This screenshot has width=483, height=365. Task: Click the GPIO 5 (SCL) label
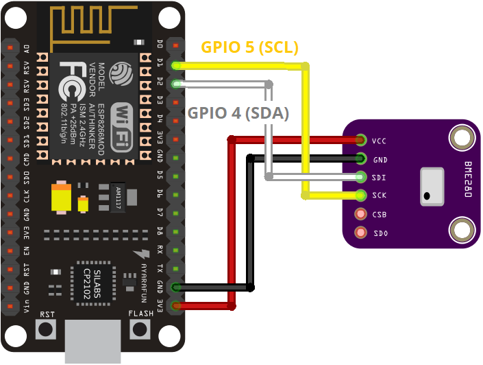click(249, 47)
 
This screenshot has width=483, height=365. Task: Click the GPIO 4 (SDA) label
click(238, 113)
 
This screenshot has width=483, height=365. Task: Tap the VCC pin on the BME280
click(360, 141)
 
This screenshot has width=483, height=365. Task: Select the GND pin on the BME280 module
click(360, 159)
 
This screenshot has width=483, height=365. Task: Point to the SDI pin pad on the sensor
click(360, 178)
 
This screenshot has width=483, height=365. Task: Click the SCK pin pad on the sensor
click(360, 196)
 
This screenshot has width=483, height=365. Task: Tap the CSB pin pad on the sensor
click(360, 214)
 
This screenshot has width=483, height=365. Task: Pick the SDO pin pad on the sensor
click(360, 233)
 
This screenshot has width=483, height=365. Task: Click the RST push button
click(47, 329)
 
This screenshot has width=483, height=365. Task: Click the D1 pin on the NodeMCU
click(177, 65)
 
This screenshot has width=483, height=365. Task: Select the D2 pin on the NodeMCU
click(177, 84)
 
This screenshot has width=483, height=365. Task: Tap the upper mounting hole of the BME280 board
click(462, 137)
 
